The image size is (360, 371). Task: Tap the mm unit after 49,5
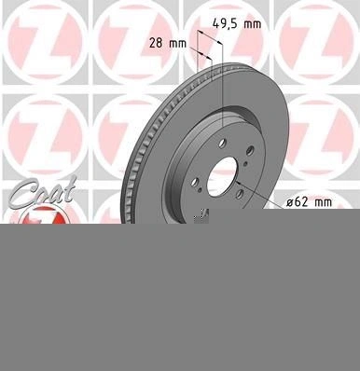[x=253, y=24]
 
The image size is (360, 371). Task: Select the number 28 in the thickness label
[x=156, y=43]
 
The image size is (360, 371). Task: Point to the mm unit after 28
[x=177, y=44]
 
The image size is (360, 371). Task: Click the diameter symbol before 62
[x=290, y=203]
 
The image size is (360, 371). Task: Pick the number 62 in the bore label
[x=300, y=202]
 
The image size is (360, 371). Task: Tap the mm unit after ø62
[x=324, y=203]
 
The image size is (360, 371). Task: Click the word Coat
[x=42, y=192]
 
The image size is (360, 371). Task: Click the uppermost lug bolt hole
[x=222, y=144]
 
